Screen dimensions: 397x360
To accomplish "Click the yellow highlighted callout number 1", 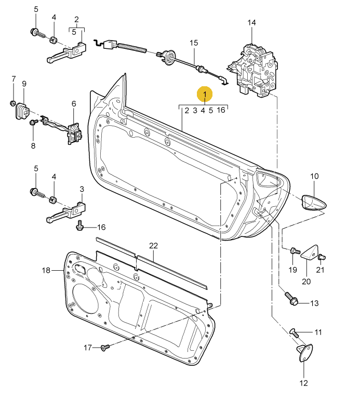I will (x=205, y=94).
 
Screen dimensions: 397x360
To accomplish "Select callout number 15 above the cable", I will (x=194, y=43).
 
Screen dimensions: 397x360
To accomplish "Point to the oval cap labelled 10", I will (x=315, y=202).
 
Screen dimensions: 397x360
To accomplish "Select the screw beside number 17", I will (x=104, y=347).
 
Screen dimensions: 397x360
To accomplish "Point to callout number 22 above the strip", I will (x=153, y=245).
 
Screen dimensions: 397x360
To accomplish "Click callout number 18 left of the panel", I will (x=46, y=270).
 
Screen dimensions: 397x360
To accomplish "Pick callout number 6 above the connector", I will (x=73, y=104).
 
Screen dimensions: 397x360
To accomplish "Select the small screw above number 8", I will (x=32, y=123).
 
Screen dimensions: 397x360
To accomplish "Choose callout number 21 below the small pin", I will (x=320, y=269).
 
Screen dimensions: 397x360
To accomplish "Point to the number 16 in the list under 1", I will (x=221, y=110).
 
